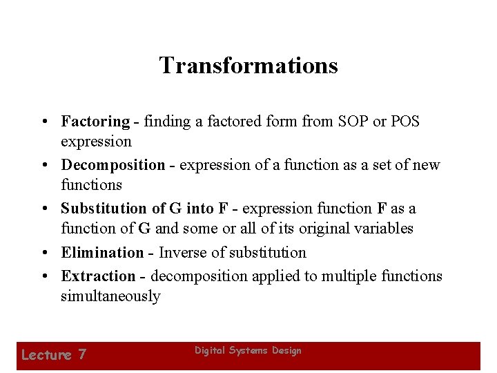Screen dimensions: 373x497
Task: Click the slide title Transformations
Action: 248,66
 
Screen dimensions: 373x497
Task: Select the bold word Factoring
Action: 95,122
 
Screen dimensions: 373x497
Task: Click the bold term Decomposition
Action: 113,165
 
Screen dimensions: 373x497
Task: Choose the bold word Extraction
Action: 98,276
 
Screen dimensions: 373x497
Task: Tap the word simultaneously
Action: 110,296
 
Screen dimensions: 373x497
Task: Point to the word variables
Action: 384,228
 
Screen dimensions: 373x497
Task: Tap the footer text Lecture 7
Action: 54,355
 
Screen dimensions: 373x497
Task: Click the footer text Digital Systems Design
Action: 248,351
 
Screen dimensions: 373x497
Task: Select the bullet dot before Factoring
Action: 43,122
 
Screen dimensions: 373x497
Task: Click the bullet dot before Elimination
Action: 43,254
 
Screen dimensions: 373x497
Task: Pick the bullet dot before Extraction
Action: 43,277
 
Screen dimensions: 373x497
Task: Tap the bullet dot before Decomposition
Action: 43,166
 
